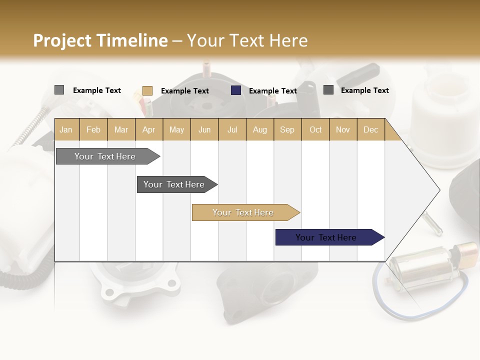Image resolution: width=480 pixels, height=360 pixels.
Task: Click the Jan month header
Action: pyautogui.click(x=66, y=129)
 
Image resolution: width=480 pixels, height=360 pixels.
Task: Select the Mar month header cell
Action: pyautogui.click(x=121, y=129)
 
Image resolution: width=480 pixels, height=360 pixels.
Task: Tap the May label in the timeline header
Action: pyautogui.click(x=176, y=129)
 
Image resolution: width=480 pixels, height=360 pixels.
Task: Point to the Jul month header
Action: pyautogui.click(x=232, y=129)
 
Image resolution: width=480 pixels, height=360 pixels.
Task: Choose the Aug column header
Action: pyautogui.click(x=259, y=129)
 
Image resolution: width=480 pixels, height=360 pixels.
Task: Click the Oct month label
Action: pyautogui.click(x=315, y=129)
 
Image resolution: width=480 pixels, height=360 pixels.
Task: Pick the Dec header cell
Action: pyautogui.click(x=370, y=129)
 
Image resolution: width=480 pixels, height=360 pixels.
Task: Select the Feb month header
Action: pyautogui.click(x=93, y=129)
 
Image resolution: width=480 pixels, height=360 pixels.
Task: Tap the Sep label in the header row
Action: pyautogui.click(x=287, y=129)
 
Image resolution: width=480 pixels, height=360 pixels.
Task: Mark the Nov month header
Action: pyautogui.click(x=342, y=129)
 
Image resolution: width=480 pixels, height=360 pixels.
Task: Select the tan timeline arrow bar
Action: pyautogui.click(x=243, y=212)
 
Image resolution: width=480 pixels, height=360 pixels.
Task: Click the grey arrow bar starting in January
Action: pyautogui.click(x=105, y=156)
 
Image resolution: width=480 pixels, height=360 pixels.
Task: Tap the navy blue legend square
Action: pyautogui.click(x=236, y=90)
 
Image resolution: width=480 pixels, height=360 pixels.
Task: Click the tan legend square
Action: pyautogui.click(x=147, y=90)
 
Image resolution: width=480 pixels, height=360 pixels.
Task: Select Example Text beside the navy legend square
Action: pyautogui.click(x=272, y=91)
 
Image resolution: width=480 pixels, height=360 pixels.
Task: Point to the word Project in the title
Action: pyautogui.click(x=62, y=40)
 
